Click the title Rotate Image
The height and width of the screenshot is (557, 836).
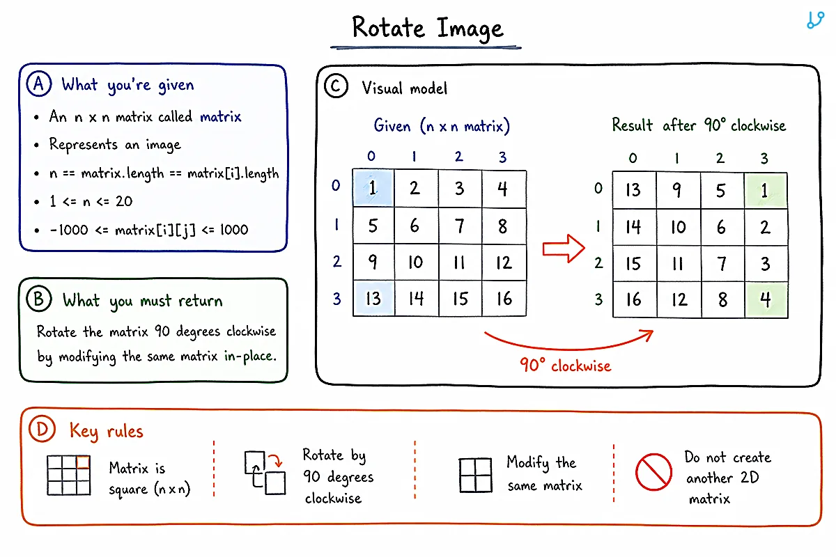[428, 28]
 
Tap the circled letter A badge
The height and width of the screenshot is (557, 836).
[39, 84]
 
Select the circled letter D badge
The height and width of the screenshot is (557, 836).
[42, 429]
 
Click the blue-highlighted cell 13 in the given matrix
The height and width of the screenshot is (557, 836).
[373, 299]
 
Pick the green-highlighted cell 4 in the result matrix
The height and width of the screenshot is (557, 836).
[766, 299]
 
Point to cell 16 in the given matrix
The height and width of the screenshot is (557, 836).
[504, 299]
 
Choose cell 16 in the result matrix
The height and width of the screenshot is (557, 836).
[634, 299]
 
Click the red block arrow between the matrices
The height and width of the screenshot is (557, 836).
[564, 249]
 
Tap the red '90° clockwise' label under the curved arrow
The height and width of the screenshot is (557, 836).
[566, 366]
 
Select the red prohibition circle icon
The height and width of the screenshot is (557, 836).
[653, 472]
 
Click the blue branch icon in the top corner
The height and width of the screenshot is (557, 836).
[815, 19]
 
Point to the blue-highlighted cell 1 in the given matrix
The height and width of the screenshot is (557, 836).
[373, 188]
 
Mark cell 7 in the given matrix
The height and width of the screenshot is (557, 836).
[460, 226]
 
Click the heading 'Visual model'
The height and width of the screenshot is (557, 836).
[404, 88]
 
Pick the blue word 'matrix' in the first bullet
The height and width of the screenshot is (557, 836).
[221, 117]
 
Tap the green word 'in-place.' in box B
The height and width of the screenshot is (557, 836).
[250, 356]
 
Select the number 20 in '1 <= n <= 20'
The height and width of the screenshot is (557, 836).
[124, 201]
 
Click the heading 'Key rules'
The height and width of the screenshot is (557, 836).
[107, 431]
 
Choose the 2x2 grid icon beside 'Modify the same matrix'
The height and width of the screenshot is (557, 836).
[475, 475]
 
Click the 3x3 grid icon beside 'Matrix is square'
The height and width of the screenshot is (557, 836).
[69, 475]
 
